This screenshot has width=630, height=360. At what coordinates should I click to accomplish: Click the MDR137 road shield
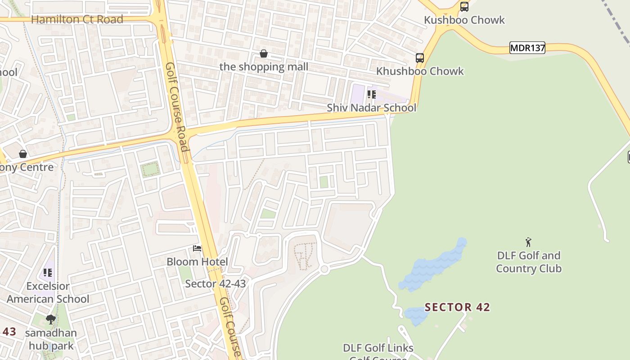(527, 48)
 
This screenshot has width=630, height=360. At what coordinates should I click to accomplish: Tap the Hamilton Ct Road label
(77, 19)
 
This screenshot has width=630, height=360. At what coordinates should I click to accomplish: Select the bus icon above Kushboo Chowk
(464, 7)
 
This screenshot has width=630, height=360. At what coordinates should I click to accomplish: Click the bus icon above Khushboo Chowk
(420, 58)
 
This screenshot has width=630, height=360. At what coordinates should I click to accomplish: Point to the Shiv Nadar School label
(371, 108)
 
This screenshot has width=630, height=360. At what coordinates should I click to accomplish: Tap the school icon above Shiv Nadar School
(371, 94)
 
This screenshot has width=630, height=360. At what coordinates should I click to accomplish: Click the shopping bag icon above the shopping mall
(264, 54)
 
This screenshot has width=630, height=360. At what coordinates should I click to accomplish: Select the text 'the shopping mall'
(264, 67)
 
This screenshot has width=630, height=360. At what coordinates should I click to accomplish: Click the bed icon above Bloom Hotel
(197, 248)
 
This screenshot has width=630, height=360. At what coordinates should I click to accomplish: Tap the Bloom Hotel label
(197, 261)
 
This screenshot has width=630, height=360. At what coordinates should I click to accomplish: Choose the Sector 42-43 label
(216, 283)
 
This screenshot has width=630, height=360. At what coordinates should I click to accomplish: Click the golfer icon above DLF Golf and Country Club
(528, 242)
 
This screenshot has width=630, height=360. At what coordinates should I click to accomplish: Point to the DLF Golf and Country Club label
(529, 262)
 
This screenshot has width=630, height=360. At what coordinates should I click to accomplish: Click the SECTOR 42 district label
(457, 307)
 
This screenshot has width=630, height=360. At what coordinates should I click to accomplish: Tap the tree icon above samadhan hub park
(51, 319)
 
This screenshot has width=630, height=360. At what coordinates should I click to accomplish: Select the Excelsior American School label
(48, 292)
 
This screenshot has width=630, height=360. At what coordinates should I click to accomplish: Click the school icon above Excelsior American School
(48, 273)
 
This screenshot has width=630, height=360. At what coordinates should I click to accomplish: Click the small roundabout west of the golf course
(324, 269)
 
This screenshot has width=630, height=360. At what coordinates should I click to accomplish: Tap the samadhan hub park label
(51, 339)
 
